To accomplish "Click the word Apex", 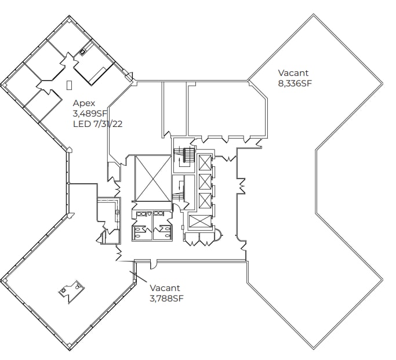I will pos(83,103).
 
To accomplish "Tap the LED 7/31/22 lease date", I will pos(100,124).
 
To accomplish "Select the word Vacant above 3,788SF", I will pos(165,288).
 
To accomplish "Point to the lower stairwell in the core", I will pos(180,193).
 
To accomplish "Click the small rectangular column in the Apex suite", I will pos(69,85).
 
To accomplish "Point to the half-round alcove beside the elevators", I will pos(219,236).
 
